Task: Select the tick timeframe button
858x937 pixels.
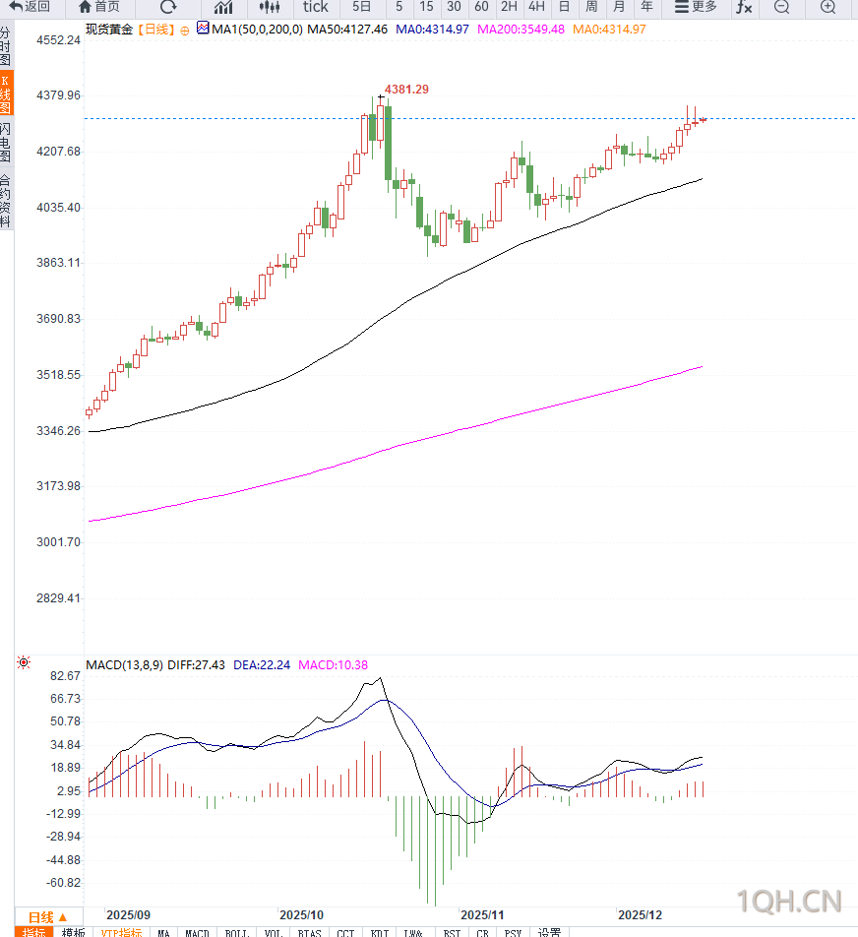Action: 315,7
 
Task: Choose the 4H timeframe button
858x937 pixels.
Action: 536,7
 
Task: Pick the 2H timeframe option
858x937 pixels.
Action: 509,7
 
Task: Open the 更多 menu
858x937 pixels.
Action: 696,7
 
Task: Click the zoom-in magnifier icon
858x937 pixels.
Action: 827,8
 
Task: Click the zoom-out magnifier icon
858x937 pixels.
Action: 781,8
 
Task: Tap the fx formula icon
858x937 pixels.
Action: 744,8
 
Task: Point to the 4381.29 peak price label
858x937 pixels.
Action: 406,90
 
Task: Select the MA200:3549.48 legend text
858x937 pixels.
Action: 521,30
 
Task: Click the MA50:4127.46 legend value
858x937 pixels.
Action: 347,30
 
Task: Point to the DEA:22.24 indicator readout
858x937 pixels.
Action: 262,665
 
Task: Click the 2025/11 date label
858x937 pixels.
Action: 482,914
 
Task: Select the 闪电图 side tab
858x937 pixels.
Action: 6,143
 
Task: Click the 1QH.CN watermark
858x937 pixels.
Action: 790,901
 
